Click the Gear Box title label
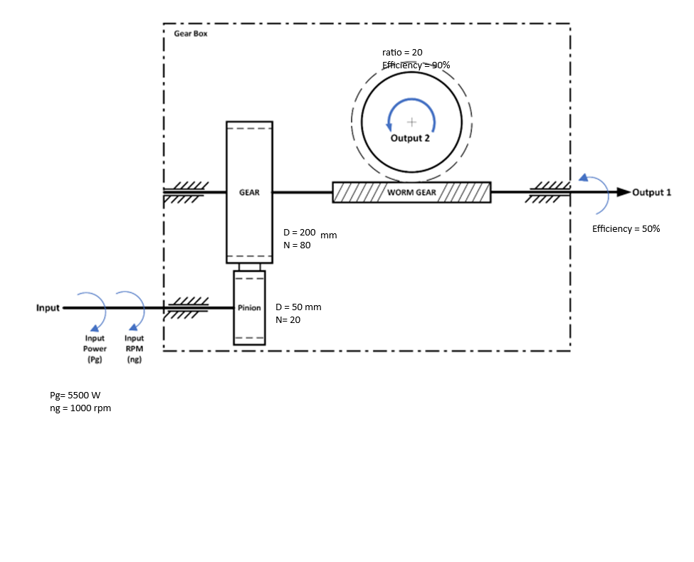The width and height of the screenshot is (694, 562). [x=191, y=33]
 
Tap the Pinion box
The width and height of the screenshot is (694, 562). [x=249, y=307]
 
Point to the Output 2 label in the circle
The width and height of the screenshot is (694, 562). [x=410, y=138]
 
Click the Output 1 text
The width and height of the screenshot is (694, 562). [x=652, y=192]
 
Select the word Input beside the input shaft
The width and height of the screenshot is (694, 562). [x=48, y=308]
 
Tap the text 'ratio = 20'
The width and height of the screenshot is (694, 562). [x=402, y=53]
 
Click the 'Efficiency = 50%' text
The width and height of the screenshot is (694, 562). [x=626, y=229]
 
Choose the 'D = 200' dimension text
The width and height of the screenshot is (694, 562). [x=299, y=233]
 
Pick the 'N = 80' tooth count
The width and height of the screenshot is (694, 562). [x=297, y=245]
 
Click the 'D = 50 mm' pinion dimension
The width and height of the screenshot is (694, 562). [x=298, y=307]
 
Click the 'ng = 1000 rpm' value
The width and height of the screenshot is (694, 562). [x=80, y=408]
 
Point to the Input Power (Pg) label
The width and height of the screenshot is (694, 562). [x=95, y=349]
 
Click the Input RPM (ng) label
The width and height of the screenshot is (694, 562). [x=134, y=349]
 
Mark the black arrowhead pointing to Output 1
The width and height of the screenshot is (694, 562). [x=623, y=192]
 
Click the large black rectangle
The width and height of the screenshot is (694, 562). [x=560, y=467]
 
